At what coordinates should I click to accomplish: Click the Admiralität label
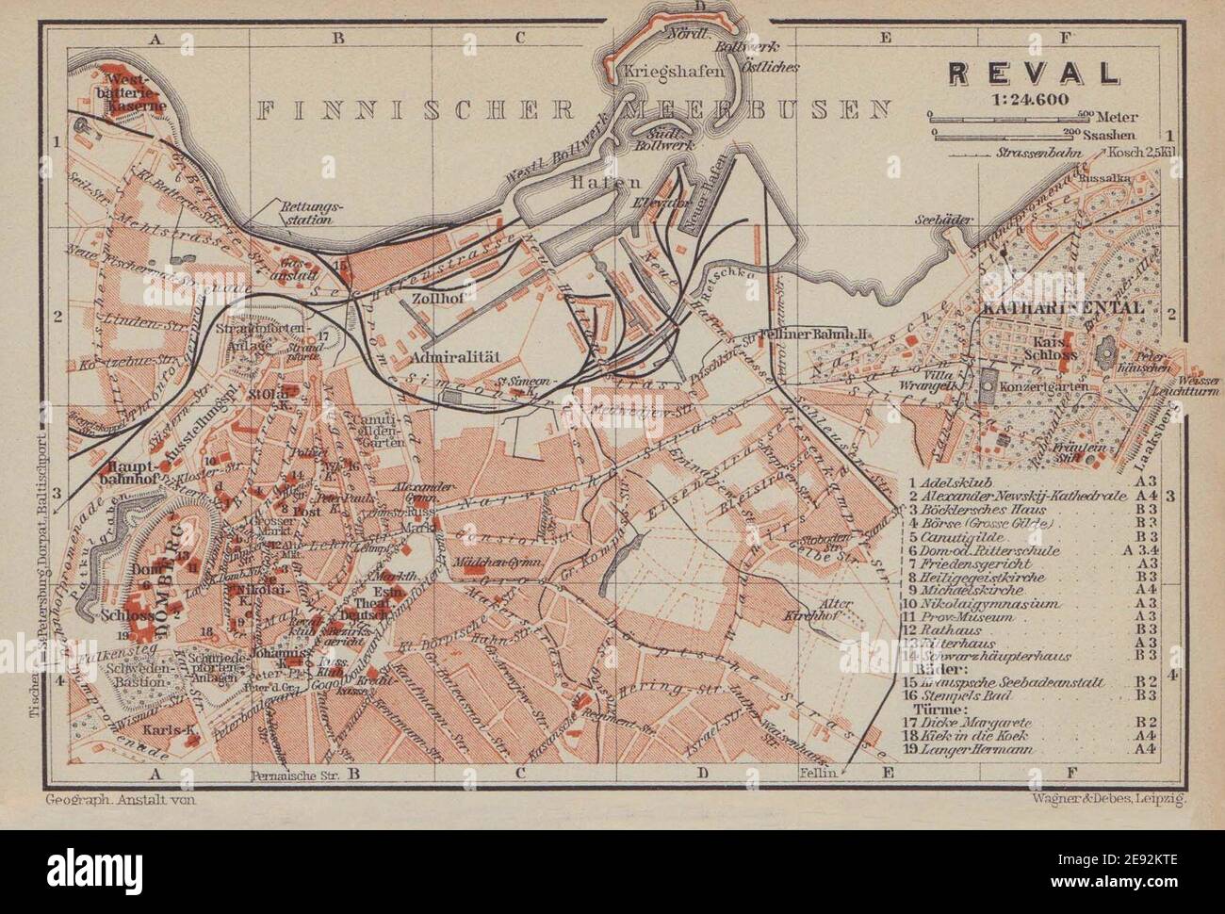click(454, 358)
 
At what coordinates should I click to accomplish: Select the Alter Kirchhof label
click(808, 609)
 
